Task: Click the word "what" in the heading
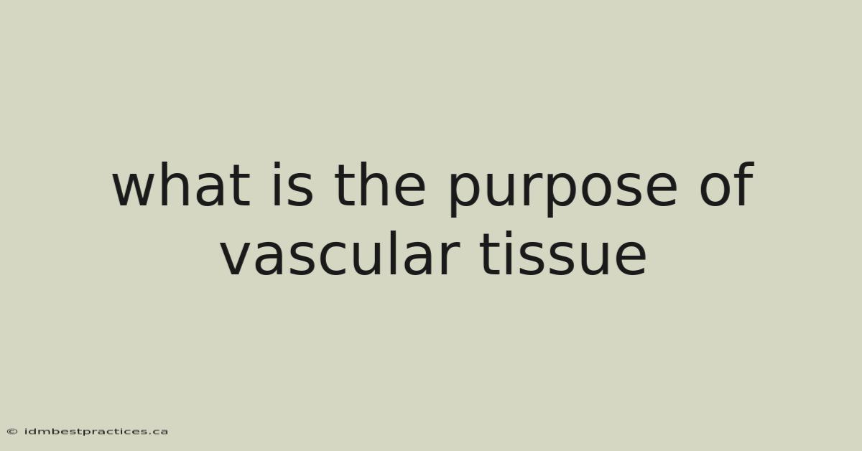[181, 185]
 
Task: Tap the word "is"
[293, 185]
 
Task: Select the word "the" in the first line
[380, 185]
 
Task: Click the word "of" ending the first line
[726, 184]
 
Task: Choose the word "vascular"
[340, 254]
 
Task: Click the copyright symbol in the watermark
[12, 432]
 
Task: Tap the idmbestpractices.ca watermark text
[96, 432]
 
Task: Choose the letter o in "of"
[715, 190]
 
